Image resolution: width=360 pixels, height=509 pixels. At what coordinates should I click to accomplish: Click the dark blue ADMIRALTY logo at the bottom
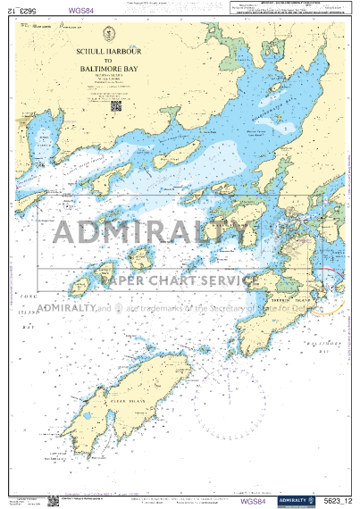(296, 500)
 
